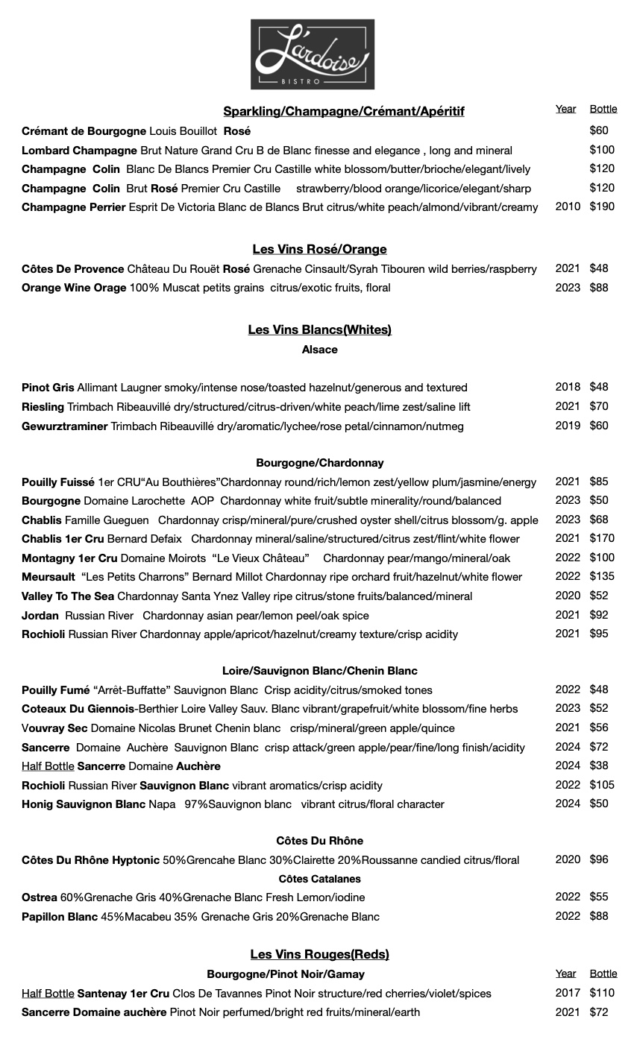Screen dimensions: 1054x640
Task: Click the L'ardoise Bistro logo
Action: click(313, 54)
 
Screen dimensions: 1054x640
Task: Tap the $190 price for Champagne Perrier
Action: click(602, 206)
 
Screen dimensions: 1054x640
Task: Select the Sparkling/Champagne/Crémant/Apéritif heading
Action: click(343, 111)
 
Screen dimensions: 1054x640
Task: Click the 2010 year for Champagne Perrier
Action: click(568, 206)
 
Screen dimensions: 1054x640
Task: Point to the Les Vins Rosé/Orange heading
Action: click(319, 249)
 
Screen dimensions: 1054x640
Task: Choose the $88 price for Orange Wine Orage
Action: click(599, 288)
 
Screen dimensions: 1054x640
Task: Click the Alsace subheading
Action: click(319, 350)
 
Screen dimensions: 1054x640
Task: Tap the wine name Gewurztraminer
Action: click(65, 426)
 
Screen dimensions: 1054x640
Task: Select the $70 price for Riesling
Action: click(599, 406)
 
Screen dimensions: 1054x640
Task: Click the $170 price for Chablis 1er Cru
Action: click(602, 538)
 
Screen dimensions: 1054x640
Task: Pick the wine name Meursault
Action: click(48, 577)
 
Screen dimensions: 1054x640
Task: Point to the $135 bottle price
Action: click(602, 576)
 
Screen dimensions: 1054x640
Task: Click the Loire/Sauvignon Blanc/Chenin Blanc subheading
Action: click(319, 671)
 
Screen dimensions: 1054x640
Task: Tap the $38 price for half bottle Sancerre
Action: click(599, 766)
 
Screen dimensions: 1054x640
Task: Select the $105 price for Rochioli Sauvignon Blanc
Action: click(602, 784)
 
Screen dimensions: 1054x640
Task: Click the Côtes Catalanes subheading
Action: click(319, 879)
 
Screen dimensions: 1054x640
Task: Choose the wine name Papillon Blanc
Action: click(60, 917)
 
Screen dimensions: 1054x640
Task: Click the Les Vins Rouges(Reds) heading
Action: click(319, 954)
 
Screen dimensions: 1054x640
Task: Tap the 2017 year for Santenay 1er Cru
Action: click(568, 993)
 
